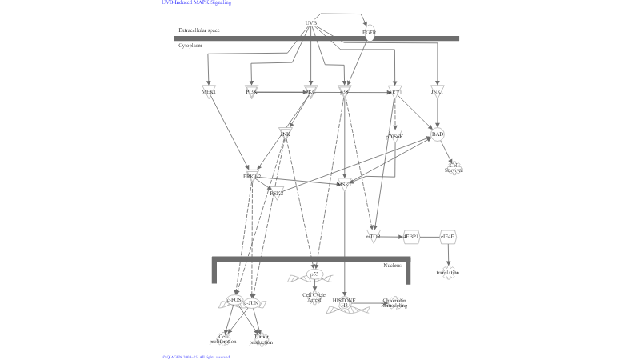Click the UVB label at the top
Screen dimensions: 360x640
point(311,22)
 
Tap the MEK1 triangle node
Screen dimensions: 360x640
point(209,91)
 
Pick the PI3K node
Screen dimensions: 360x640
point(251,91)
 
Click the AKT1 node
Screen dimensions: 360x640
point(394,92)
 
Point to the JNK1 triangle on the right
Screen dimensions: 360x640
point(436,91)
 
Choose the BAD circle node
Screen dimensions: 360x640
point(437,134)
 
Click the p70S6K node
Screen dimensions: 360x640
point(394,136)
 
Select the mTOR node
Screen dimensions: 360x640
point(373,236)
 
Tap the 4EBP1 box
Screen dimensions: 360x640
point(411,236)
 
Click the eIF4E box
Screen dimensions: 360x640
point(448,236)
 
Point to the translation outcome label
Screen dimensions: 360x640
point(448,273)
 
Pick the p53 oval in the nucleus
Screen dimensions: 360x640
point(314,274)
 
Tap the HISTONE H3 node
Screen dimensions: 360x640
point(345,302)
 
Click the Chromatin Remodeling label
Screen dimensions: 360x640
point(394,302)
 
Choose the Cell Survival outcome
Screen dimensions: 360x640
point(454,168)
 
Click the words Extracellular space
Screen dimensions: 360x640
point(198,30)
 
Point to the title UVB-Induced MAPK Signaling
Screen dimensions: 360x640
point(197,3)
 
